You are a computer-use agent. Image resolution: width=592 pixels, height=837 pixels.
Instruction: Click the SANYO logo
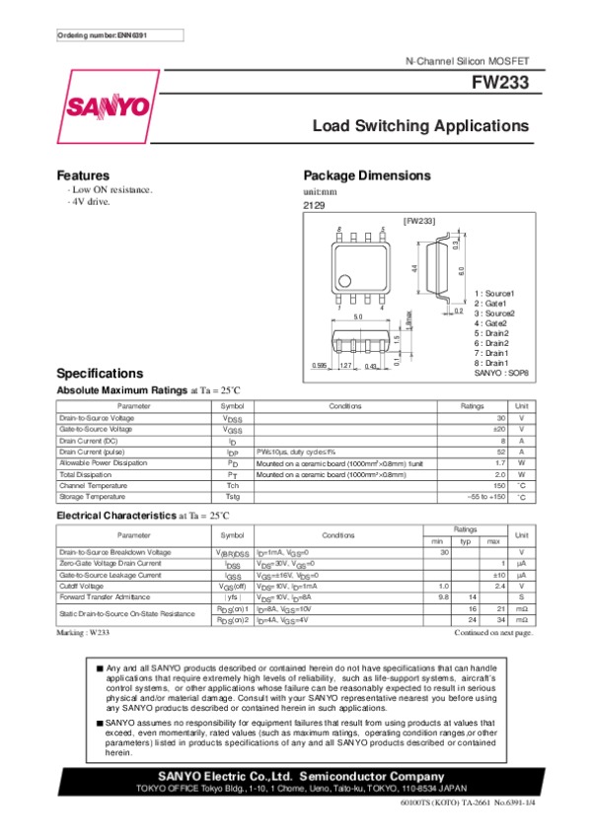click(x=109, y=106)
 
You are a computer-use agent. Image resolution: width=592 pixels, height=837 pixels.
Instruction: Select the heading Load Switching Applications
click(x=420, y=127)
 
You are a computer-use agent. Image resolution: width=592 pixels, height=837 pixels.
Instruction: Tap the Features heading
click(x=83, y=174)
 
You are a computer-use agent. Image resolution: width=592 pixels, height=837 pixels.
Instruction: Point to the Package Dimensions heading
click(x=366, y=174)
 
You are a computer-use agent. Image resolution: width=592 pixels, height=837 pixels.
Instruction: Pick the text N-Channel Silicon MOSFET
click(x=468, y=62)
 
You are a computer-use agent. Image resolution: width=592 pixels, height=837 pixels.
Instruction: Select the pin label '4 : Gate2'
click(x=490, y=323)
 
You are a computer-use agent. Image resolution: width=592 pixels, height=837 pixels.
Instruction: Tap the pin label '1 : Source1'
click(x=495, y=294)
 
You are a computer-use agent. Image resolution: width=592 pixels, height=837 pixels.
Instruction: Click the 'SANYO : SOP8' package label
click(x=502, y=373)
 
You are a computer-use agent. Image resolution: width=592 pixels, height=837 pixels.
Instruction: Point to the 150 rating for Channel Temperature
click(x=472, y=485)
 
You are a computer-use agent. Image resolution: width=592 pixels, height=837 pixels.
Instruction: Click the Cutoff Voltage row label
click(x=82, y=586)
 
